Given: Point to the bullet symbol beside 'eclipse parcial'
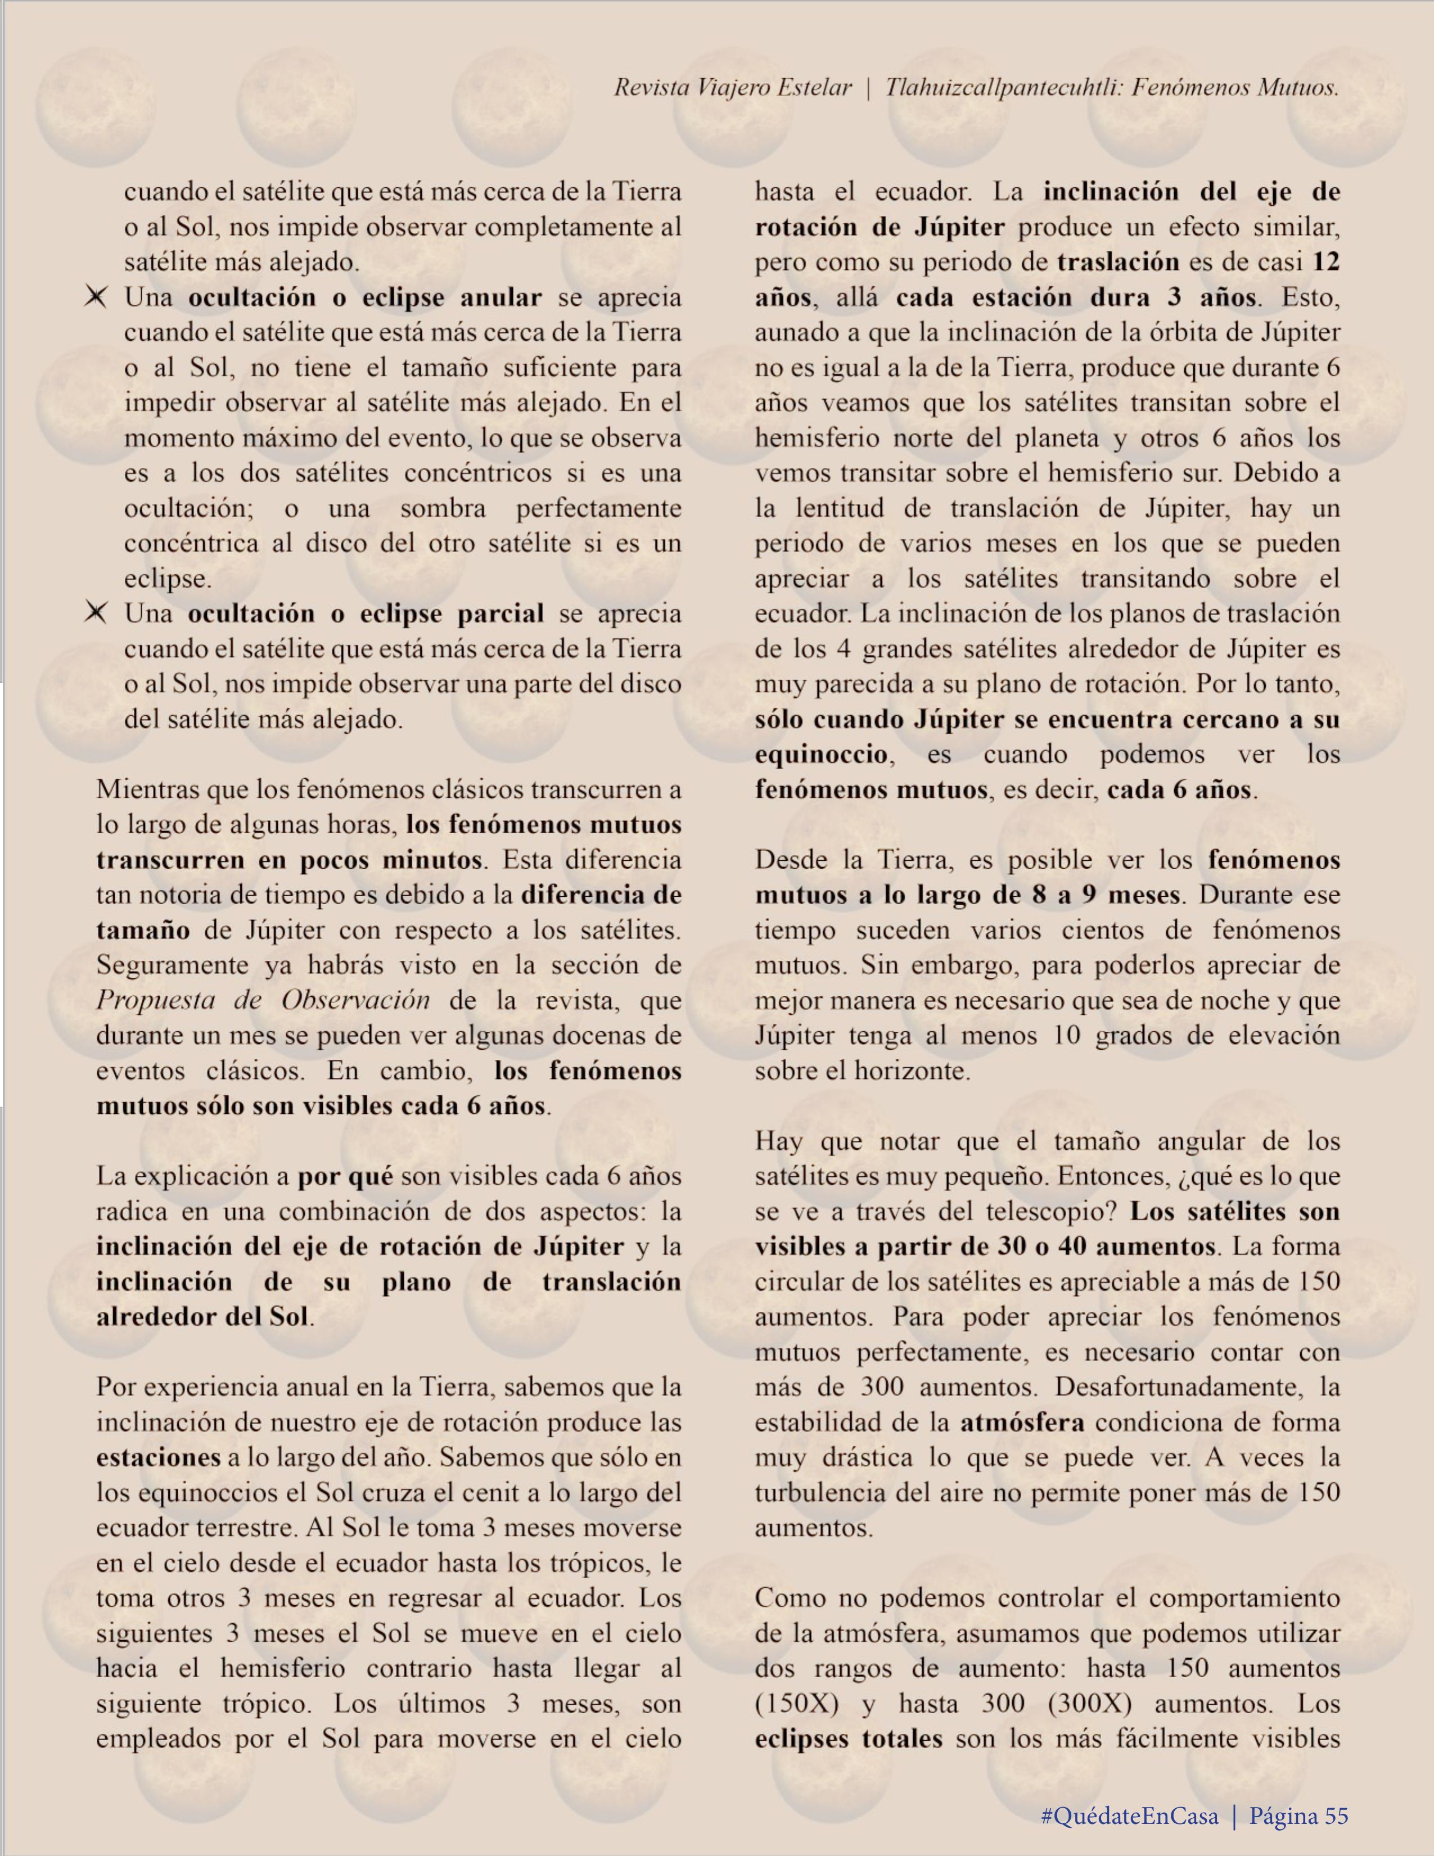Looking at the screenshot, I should pos(96,613).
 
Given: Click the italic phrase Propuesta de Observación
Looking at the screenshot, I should pos(263,1000).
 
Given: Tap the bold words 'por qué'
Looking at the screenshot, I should pos(345,1177).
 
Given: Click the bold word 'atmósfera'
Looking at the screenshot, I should pos(1022,1423).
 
